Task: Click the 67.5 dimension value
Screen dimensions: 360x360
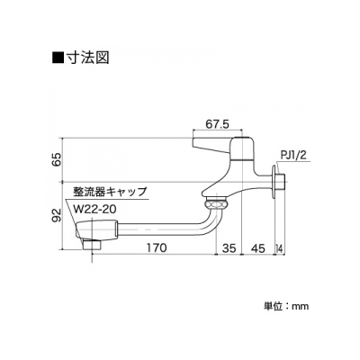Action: [218, 124]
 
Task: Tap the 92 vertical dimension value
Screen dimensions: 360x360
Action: [57, 215]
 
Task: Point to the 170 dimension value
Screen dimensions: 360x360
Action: [157, 247]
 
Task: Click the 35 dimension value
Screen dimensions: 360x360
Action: [229, 248]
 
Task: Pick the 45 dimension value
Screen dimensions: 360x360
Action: [258, 248]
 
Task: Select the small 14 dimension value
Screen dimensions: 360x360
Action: [280, 248]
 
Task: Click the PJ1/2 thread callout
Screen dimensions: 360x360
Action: [293, 156]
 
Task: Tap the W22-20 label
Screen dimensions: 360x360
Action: [94, 209]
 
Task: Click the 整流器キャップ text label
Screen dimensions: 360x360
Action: [110, 192]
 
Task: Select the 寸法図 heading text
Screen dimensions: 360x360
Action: [87, 57]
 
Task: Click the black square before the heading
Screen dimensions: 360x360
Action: [58, 58]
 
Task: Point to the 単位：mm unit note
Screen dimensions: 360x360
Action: [286, 306]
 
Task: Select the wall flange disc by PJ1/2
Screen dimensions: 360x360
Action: [274, 182]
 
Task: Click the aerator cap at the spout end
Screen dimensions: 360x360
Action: [95, 230]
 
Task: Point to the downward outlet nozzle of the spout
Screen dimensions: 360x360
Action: [92, 247]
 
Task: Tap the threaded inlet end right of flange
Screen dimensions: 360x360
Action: [281, 182]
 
